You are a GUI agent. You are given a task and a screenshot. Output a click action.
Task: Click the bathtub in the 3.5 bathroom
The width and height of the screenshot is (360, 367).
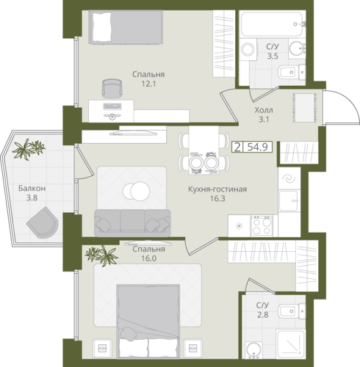click(272, 24)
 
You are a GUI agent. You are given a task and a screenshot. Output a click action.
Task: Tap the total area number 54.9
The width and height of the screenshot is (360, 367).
click(257, 147)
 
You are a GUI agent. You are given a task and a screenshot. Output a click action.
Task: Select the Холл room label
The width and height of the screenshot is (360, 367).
click(264, 110)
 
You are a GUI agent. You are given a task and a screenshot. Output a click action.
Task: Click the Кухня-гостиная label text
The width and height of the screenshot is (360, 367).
click(217, 189)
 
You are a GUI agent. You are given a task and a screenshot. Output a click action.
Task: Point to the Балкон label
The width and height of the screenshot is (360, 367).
click(32, 189)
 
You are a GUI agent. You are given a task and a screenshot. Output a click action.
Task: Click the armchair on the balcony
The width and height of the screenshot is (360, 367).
click(43, 222)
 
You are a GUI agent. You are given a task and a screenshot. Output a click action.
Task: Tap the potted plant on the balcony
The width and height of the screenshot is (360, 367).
click(29, 149)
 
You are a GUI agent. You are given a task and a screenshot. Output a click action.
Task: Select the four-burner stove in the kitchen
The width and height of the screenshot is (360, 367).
click(262, 226)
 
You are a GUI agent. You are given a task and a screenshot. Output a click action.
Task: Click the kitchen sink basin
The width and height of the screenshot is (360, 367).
click(289, 200)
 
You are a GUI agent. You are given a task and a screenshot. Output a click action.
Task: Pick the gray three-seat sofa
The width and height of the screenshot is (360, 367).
click(132, 223)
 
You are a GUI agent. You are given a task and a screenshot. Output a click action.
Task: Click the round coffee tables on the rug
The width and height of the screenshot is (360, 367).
click(136, 192)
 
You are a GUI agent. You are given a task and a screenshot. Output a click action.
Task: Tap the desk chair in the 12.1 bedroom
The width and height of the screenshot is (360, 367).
click(112, 89)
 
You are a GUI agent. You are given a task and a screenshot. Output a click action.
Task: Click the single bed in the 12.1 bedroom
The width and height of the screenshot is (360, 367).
click(126, 27)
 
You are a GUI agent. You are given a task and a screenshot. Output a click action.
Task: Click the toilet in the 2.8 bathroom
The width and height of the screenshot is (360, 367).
click(292, 311)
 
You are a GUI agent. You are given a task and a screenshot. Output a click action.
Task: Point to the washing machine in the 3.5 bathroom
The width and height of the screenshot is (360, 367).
click(248, 49)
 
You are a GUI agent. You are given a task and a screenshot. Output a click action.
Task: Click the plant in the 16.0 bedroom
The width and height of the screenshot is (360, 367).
click(101, 255)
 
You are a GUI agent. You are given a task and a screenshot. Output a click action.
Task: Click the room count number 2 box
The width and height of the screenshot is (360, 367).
click(237, 147)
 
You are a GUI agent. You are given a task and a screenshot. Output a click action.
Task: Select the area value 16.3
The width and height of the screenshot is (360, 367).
click(217, 198)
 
